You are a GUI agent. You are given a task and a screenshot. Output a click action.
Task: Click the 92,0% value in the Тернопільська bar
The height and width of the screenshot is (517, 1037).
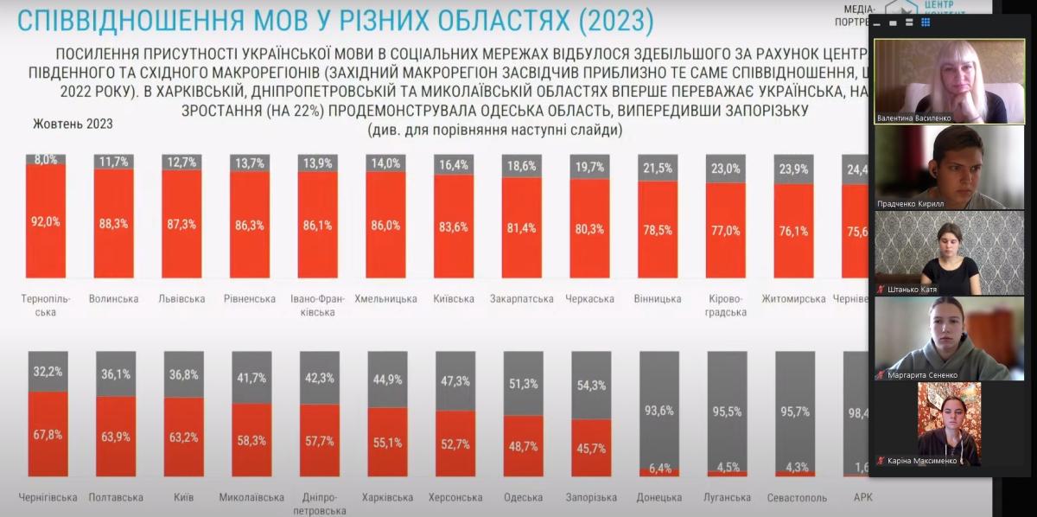click(x=47, y=221)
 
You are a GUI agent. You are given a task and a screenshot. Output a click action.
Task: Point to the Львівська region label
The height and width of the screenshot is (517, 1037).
click(x=181, y=299)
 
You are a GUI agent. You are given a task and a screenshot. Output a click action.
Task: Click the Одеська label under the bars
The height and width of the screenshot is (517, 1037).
click(x=523, y=497)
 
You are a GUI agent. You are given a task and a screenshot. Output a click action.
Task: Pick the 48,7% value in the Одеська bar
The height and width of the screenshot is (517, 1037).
click(x=523, y=447)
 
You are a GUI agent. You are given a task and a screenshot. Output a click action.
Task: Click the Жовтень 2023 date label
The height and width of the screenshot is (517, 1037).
click(x=73, y=124)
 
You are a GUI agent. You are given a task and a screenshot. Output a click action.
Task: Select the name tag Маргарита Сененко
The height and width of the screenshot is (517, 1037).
click(x=922, y=374)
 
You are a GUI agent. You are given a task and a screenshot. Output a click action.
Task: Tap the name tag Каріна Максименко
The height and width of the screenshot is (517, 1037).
click(x=923, y=461)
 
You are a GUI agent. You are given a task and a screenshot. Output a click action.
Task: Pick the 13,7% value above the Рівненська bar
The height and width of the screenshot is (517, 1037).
click(x=250, y=163)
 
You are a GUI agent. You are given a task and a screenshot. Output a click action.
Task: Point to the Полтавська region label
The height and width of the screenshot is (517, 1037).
click(x=115, y=497)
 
